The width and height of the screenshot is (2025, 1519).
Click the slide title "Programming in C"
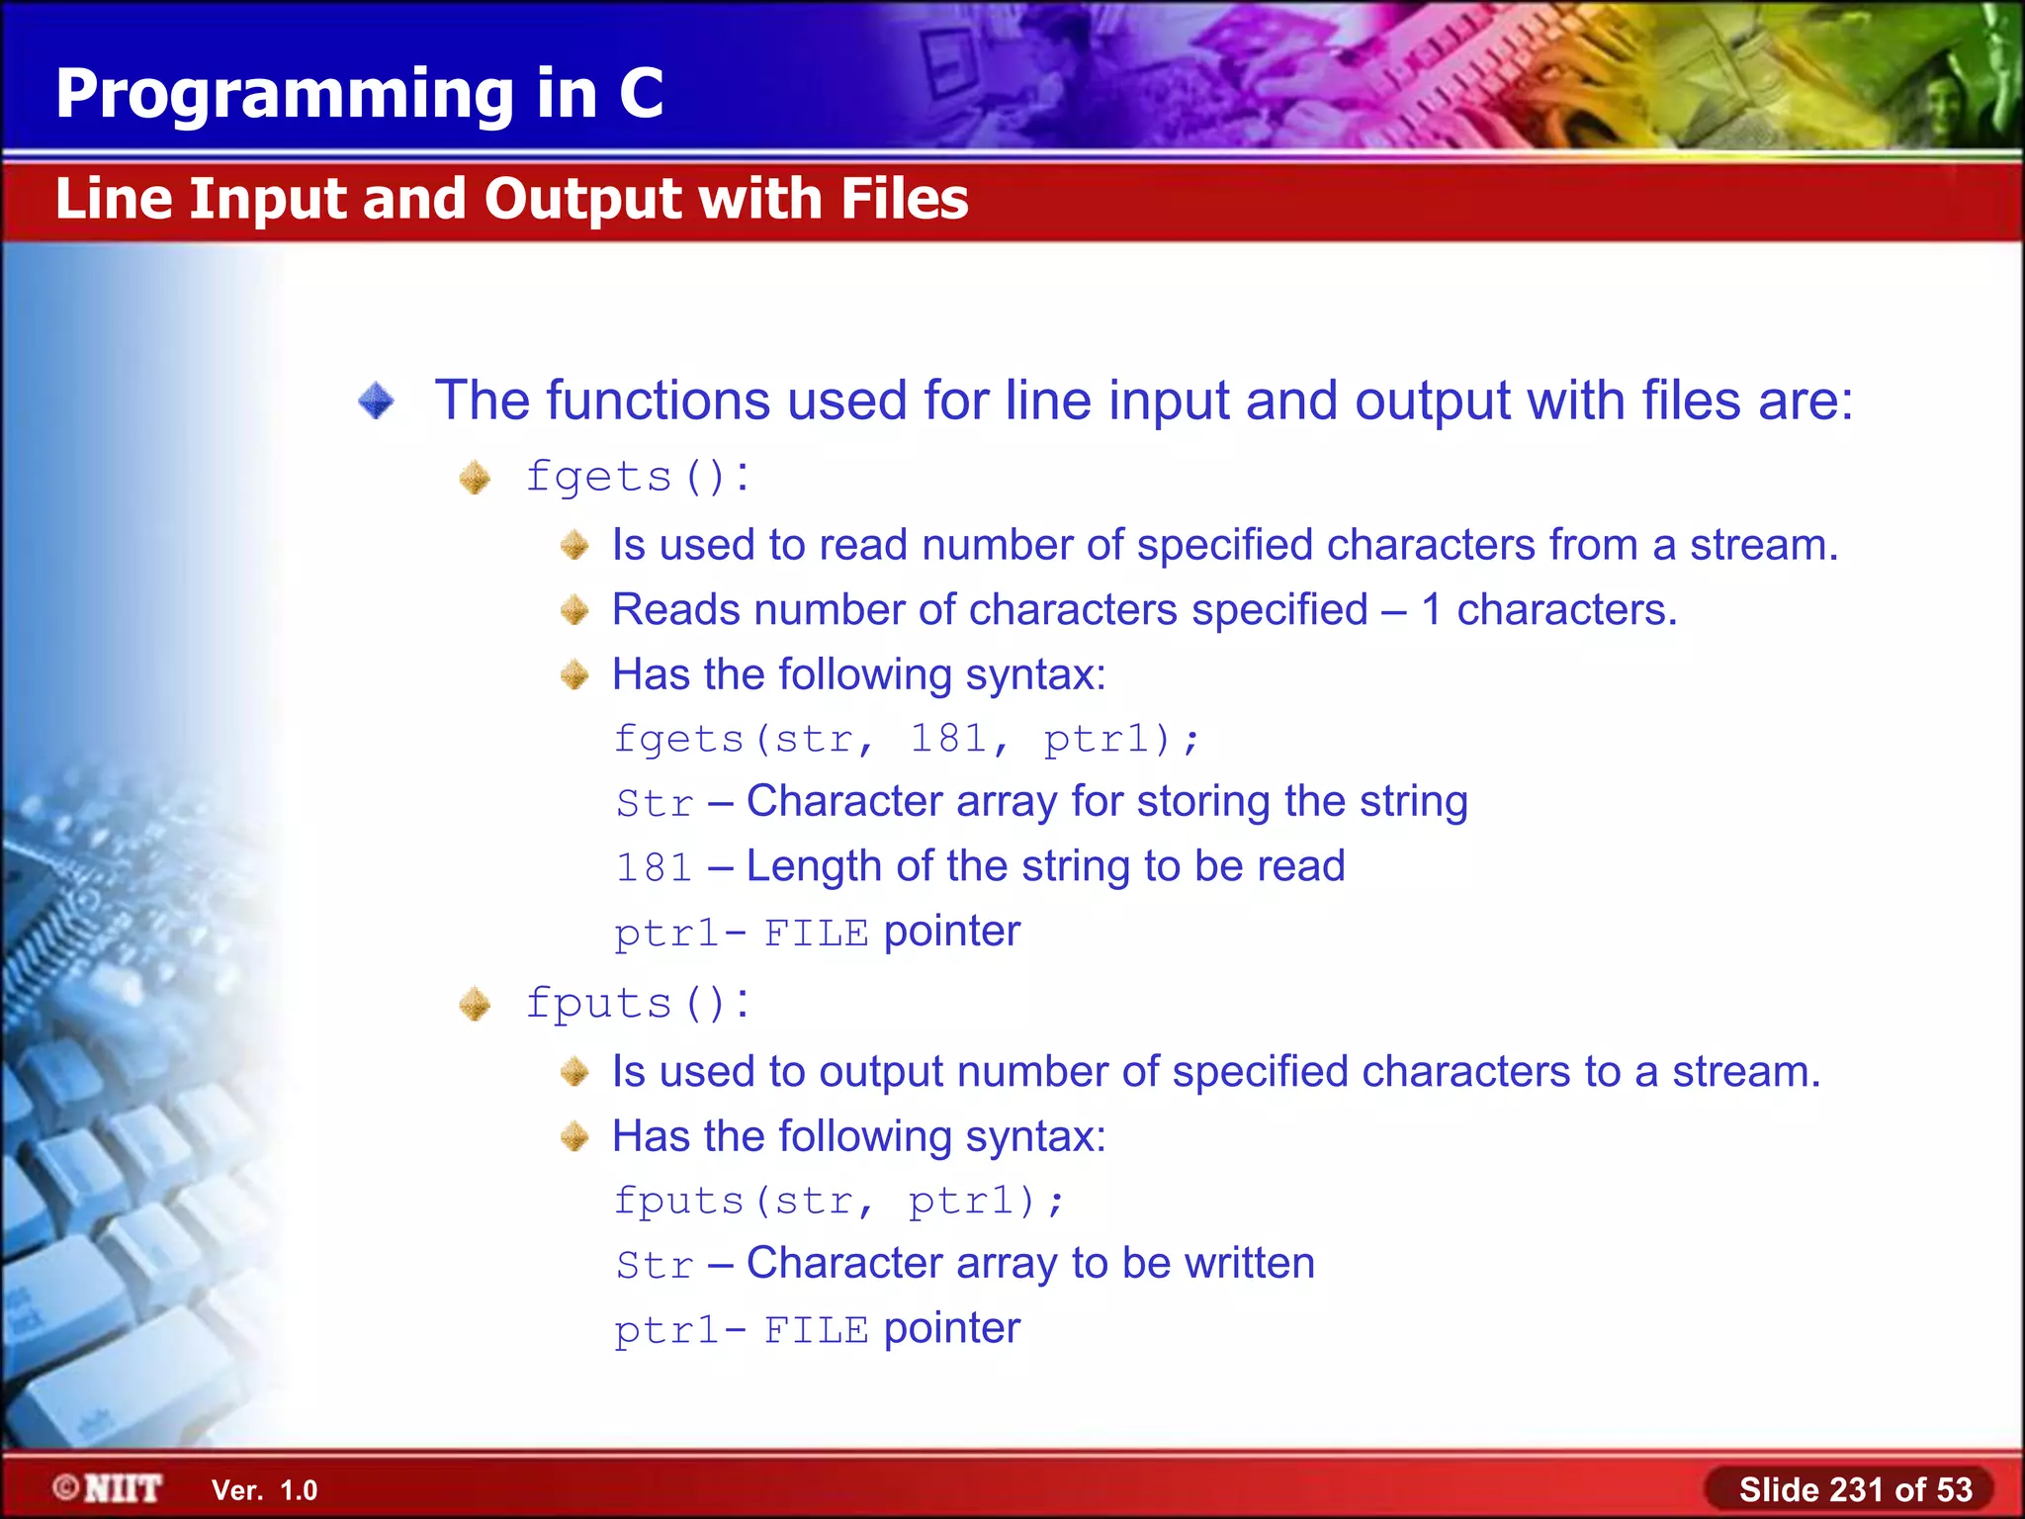(x=359, y=94)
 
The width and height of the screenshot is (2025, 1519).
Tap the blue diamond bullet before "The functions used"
(x=376, y=402)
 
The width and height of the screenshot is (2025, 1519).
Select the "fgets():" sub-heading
(x=637, y=477)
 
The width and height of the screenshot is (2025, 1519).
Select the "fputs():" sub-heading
(x=637, y=1004)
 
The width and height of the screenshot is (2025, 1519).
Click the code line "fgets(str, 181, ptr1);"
(x=906, y=739)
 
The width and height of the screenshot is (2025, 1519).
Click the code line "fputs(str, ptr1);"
(x=838, y=1201)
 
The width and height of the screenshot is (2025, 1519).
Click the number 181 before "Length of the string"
(x=654, y=867)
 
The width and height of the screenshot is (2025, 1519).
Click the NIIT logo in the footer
(x=109, y=1488)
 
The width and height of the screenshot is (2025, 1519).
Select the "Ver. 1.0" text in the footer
(x=264, y=1490)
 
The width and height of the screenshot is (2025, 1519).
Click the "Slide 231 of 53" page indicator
(x=1855, y=1489)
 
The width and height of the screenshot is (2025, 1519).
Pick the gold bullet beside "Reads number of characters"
(x=574, y=610)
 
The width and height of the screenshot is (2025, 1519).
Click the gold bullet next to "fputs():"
(x=475, y=1005)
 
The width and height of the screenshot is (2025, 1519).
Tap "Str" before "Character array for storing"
(x=654, y=803)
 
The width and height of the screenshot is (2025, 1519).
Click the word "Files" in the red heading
(x=904, y=199)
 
